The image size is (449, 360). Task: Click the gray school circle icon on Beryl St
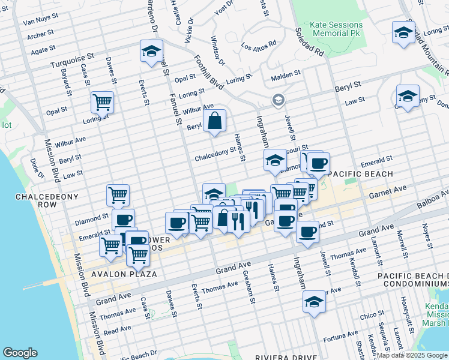coord(277,100)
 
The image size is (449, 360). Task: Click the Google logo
coord(20,353)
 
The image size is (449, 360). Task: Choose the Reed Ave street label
coord(117,331)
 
